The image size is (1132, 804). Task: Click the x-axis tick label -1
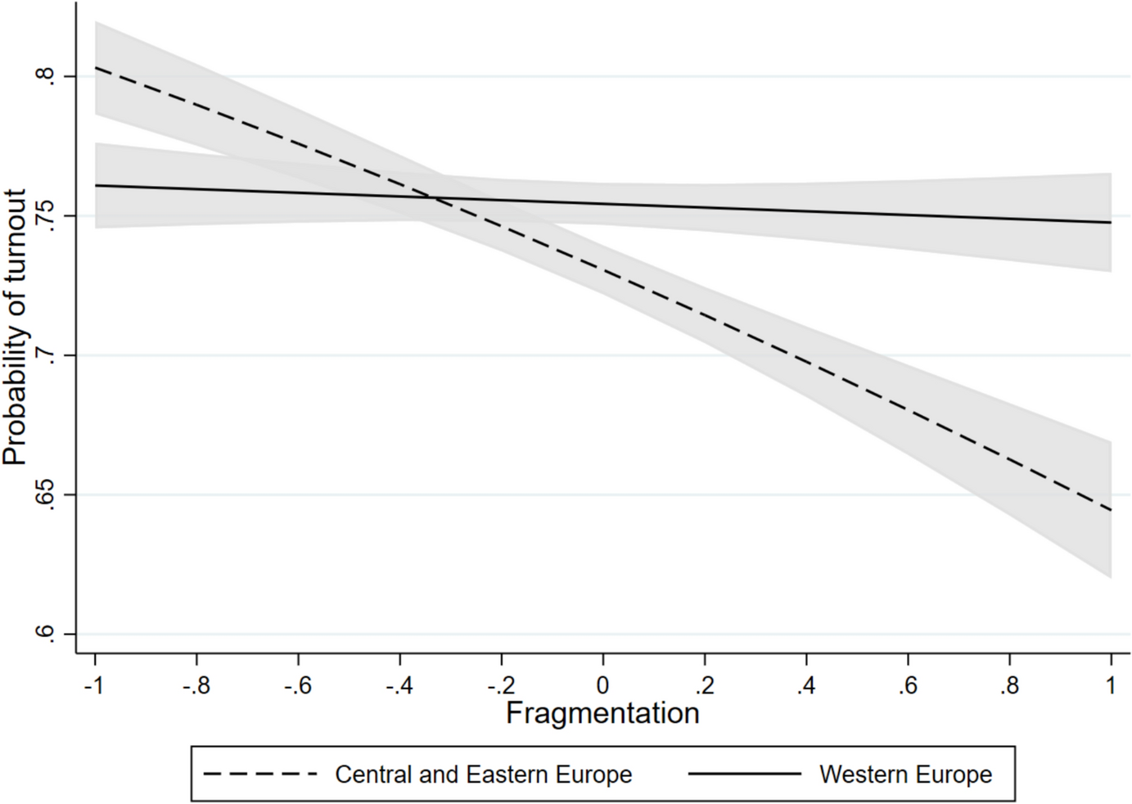coord(94,685)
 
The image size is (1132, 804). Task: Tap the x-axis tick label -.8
coord(196,685)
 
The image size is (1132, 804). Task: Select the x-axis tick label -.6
coord(297,685)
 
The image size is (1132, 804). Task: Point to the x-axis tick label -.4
coord(399,685)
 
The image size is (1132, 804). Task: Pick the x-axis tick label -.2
coord(500,685)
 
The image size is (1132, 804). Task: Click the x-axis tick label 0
coord(602,685)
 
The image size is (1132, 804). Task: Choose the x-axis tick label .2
coord(704,685)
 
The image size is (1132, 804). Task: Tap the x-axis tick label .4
coord(805,685)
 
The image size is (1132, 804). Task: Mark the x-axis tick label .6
coord(907,685)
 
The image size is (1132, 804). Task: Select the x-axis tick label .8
coord(1008,685)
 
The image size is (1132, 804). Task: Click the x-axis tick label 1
coord(1111,685)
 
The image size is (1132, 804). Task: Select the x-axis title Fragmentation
coord(602,713)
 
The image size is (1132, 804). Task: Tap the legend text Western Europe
coord(905,775)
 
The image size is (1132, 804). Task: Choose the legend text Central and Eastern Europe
coord(483,775)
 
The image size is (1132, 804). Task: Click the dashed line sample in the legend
coord(259,774)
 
